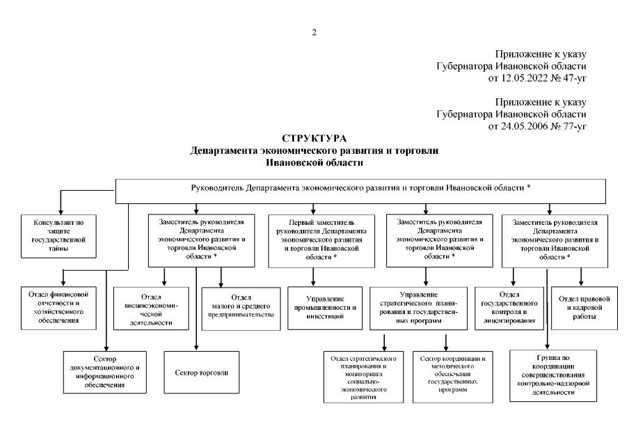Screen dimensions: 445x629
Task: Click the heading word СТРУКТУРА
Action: click(x=314, y=140)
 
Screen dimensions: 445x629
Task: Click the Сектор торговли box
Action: click(x=196, y=373)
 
